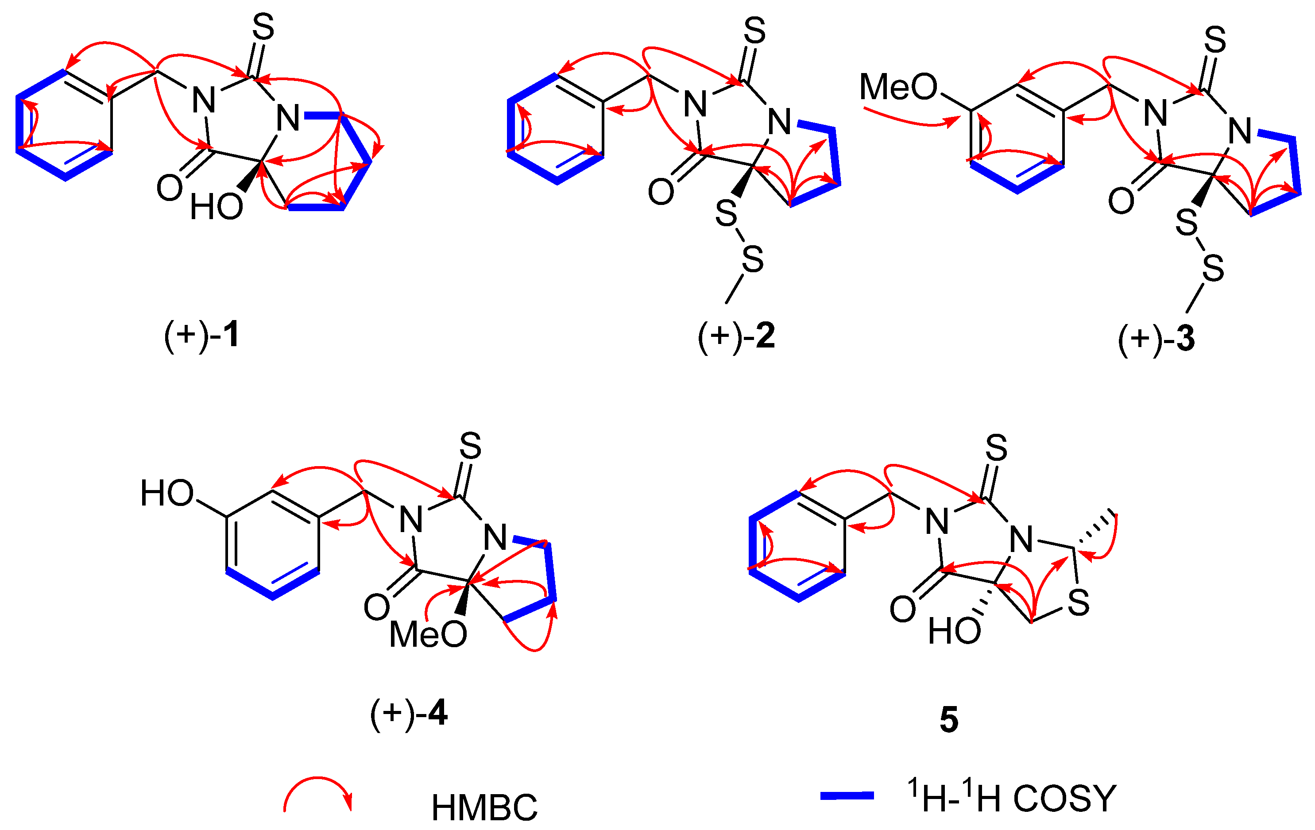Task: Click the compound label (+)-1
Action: [201, 335]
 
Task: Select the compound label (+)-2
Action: [736, 336]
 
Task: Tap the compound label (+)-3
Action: [1156, 339]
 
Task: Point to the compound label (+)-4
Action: [409, 713]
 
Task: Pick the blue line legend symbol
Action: [847, 796]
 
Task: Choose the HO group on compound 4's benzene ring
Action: [167, 493]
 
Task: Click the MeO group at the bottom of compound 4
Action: [428, 634]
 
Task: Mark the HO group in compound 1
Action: [216, 207]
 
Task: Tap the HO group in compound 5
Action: [955, 631]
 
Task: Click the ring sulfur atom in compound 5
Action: [1079, 603]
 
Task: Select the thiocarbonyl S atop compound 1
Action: [263, 27]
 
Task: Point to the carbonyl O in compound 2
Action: [661, 192]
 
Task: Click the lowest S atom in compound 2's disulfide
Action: [753, 259]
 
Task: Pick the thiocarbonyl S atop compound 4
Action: [470, 446]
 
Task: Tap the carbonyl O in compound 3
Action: [1121, 201]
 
